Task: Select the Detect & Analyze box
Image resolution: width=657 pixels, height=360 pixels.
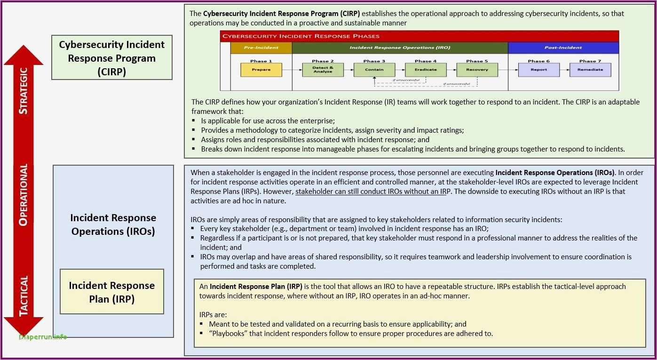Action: (x=323, y=70)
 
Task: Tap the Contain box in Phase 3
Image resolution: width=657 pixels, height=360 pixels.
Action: (x=374, y=70)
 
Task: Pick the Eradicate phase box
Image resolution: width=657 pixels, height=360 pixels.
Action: (x=426, y=70)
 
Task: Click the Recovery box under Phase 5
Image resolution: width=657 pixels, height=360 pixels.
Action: (x=477, y=70)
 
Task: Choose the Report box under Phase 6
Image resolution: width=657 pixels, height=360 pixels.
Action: (x=538, y=70)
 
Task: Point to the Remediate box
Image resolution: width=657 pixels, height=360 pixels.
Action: (x=590, y=70)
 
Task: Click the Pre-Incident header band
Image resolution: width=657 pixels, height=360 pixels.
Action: (x=261, y=48)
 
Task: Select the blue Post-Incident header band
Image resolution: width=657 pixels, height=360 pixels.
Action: (x=563, y=48)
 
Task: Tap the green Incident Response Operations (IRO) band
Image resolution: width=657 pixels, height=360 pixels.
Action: (x=400, y=48)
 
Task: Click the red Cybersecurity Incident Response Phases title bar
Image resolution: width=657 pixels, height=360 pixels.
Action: (x=420, y=36)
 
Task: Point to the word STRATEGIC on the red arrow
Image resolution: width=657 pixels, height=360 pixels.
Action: (x=24, y=90)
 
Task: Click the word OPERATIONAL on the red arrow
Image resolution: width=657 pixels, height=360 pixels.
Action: (x=24, y=194)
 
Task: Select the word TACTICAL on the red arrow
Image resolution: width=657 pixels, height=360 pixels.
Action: (x=24, y=295)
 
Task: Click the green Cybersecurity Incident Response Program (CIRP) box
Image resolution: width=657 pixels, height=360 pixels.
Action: (x=112, y=58)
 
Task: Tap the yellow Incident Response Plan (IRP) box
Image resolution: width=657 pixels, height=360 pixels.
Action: (x=112, y=292)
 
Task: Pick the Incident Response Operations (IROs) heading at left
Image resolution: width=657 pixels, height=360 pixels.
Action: (x=113, y=224)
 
